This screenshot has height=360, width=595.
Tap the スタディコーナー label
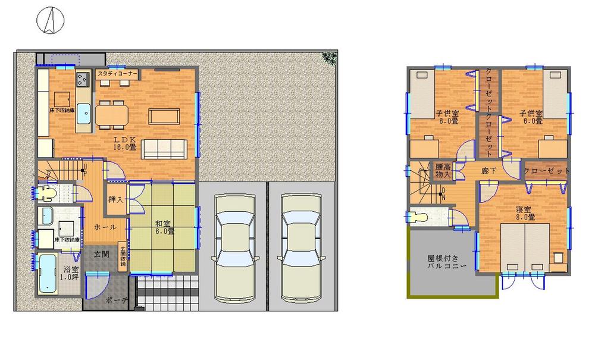click(x=117, y=74)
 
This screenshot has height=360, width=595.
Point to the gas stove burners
click(x=82, y=79)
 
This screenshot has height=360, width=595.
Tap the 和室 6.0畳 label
click(x=162, y=227)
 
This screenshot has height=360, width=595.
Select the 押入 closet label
click(x=115, y=199)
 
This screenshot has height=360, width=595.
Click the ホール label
click(x=105, y=227)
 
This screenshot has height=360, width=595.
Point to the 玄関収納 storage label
click(x=123, y=258)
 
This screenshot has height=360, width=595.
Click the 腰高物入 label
click(x=443, y=171)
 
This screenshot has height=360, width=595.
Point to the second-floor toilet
click(x=419, y=217)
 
